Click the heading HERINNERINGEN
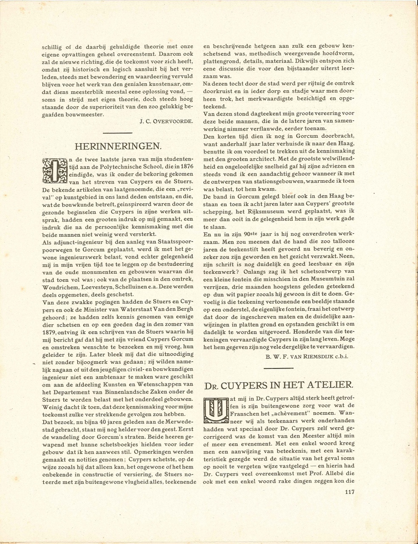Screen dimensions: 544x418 click(118, 147)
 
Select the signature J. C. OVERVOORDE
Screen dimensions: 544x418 click(167, 121)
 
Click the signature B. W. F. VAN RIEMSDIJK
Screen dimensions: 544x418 click(307, 356)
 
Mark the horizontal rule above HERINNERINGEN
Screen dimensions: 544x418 click(118, 133)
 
